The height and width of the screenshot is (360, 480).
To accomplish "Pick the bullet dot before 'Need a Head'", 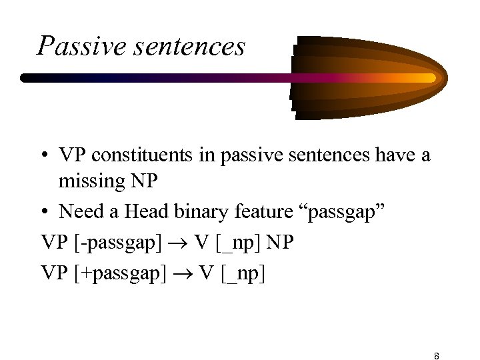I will (x=45, y=212).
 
